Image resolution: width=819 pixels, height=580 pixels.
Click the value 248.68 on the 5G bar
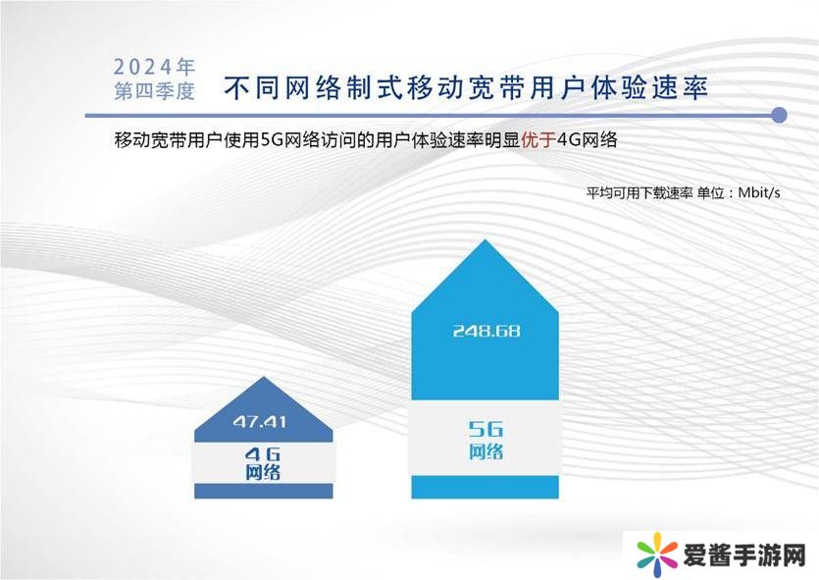coord(486,331)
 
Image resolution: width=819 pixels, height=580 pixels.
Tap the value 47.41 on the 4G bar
coord(260,422)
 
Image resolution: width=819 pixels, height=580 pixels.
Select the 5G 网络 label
coord(486,440)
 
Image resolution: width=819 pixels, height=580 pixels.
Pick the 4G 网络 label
coord(263,463)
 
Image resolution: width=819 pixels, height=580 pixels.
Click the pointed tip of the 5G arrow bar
coord(486,239)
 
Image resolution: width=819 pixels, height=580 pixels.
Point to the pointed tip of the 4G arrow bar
coord(264,377)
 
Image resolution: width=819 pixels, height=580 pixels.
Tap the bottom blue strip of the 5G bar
coord(486,487)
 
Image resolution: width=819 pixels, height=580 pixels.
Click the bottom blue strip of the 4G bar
coord(264,491)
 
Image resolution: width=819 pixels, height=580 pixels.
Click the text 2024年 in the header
coord(154,67)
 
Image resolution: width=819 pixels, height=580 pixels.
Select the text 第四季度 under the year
coord(155,91)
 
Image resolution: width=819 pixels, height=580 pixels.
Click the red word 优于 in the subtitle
coord(538,139)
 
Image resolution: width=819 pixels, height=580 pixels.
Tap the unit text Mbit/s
coord(759,192)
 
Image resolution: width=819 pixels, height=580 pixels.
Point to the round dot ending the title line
coord(779,115)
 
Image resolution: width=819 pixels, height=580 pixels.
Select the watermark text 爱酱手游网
coord(744,554)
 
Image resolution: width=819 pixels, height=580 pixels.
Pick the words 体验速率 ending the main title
coord(649,87)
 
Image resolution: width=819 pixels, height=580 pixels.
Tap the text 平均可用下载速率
coord(640,192)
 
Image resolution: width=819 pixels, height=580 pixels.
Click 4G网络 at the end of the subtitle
coord(588,139)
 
